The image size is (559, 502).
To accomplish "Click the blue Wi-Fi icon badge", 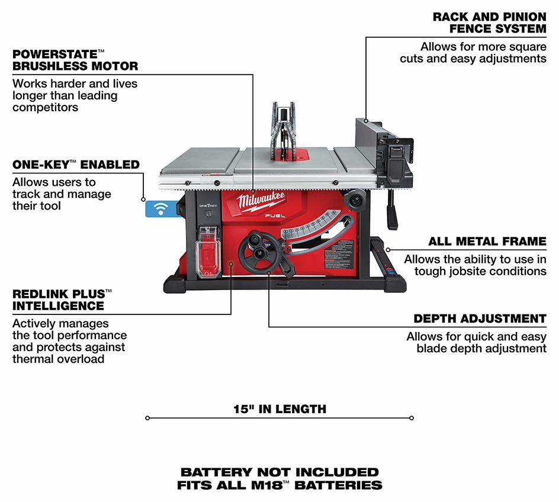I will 160,208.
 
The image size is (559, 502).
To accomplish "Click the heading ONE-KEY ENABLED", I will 76,165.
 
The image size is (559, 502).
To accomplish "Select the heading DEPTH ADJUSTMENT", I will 480,318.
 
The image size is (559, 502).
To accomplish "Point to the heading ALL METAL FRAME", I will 487,242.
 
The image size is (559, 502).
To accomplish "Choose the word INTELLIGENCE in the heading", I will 58,306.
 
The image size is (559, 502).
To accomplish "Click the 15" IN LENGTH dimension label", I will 279,409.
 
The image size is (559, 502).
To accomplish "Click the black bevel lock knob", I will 356,201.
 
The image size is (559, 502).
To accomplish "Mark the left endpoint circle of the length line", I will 147,418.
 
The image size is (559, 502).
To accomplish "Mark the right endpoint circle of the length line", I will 412,418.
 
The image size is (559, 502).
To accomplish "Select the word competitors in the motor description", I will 45,107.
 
